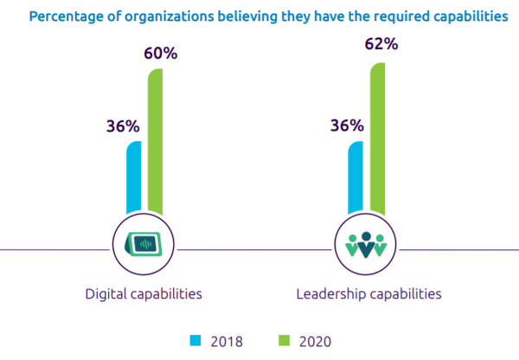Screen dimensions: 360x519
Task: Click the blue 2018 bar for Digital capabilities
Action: pyautogui.click(x=133, y=177)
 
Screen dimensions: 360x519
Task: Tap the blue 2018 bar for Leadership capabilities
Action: pyautogui.click(x=355, y=177)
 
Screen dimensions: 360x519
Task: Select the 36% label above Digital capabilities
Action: pyautogui.click(x=121, y=125)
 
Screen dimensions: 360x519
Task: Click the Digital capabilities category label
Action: pyautogui.click(x=144, y=294)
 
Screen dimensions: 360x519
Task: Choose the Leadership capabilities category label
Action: pyautogui.click(x=368, y=294)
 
